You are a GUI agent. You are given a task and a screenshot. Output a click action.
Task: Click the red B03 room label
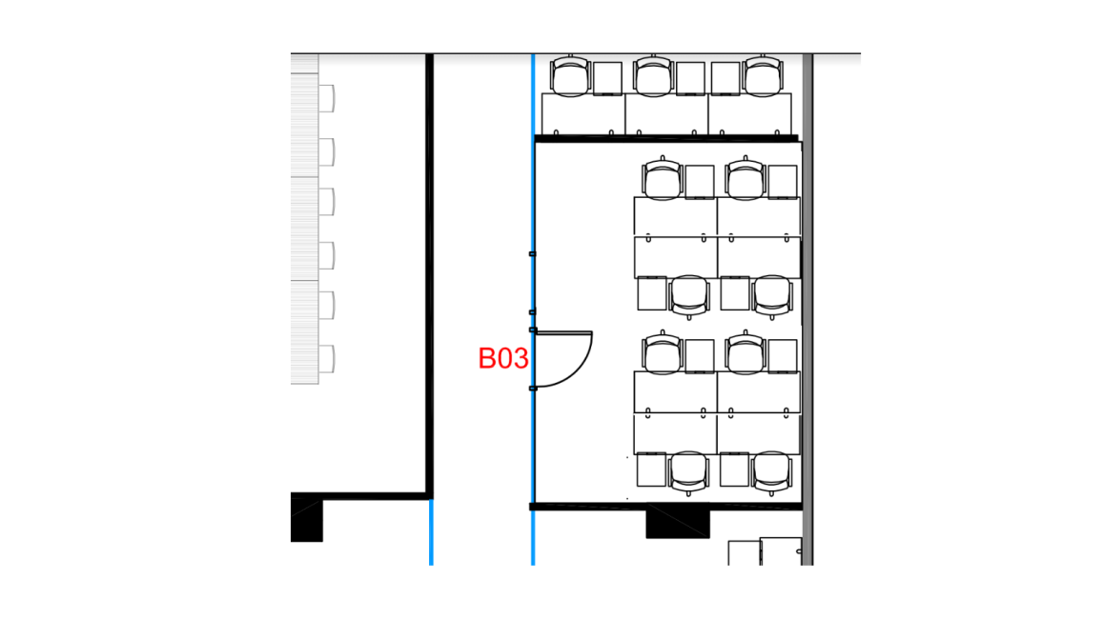(503, 358)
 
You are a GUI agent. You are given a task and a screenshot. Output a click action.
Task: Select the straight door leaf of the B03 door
(563, 332)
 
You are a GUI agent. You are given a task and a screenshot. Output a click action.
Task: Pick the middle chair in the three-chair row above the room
(653, 76)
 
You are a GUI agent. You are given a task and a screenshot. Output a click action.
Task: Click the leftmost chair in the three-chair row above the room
(570, 76)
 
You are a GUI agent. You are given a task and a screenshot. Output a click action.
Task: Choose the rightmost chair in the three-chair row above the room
(764, 76)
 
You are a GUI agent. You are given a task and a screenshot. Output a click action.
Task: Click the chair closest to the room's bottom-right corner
(772, 473)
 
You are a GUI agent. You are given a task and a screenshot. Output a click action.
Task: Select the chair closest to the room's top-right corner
(745, 178)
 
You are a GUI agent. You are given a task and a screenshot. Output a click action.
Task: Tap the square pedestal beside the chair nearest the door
(699, 356)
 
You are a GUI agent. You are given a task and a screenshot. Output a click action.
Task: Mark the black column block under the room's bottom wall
(678, 524)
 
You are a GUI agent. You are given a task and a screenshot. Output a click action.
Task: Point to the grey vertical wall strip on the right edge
(807, 309)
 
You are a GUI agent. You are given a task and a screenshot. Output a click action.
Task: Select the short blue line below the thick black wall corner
(431, 532)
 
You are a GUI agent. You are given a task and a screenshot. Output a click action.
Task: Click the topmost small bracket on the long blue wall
(533, 253)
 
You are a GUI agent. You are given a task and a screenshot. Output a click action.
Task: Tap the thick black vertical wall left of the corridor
(429, 275)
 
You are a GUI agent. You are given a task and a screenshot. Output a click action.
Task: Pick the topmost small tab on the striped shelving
(326, 98)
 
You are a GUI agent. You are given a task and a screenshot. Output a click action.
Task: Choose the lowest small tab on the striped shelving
(326, 359)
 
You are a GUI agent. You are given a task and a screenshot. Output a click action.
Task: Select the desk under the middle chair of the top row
(666, 114)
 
